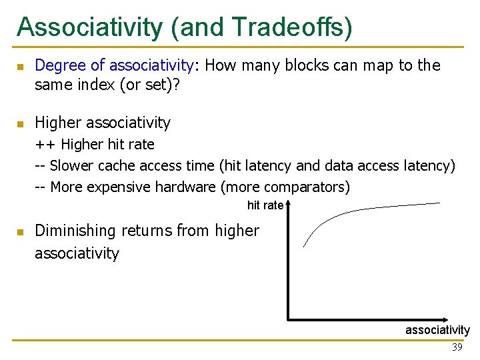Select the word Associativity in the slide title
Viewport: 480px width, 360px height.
[x=89, y=27]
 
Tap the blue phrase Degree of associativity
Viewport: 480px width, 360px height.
[x=114, y=65]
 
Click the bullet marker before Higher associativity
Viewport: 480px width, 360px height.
[x=21, y=124]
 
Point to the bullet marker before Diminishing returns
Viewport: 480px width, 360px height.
[x=21, y=232]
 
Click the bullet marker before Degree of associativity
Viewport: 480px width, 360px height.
[x=21, y=67]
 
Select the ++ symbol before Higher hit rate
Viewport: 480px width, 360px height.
[x=45, y=145]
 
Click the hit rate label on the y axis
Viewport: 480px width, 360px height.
[x=265, y=205]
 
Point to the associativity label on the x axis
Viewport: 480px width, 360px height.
[x=437, y=330]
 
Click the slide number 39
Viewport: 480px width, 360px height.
[x=457, y=347]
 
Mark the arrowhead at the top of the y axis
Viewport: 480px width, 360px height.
[x=288, y=205]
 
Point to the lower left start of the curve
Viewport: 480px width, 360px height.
[x=304, y=247]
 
